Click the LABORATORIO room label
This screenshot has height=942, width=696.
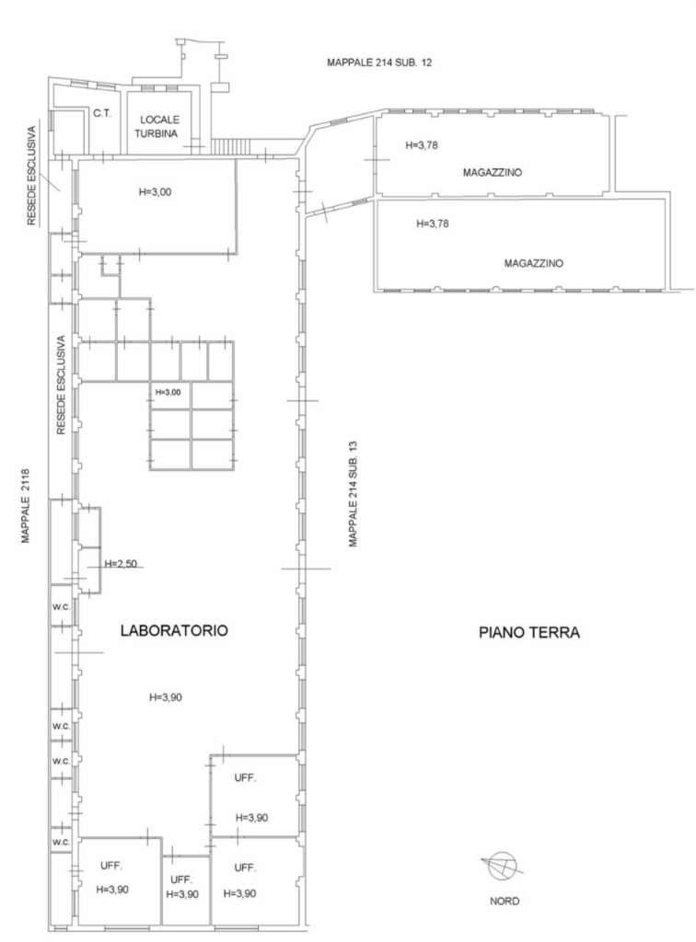click(174, 630)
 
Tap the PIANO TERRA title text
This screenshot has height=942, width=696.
click(529, 632)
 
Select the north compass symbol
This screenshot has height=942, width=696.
click(503, 866)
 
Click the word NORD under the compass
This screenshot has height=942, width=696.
click(505, 902)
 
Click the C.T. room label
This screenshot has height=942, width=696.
click(102, 113)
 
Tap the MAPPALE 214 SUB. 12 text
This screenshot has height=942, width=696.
click(379, 62)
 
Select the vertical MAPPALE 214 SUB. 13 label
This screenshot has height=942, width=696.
click(353, 494)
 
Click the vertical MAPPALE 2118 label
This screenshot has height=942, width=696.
click(25, 506)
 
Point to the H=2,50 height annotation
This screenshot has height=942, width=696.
click(121, 564)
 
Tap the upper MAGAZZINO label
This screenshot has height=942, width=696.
click(493, 172)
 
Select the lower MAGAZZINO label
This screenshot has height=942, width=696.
click(534, 263)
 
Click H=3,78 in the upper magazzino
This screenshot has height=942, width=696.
click(422, 144)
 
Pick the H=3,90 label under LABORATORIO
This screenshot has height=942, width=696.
click(166, 697)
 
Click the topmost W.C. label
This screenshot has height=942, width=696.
click(61, 607)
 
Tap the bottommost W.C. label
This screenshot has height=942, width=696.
click(61, 843)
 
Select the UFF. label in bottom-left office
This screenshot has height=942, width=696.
click(111, 866)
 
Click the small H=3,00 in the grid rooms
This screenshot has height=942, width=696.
click(168, 392)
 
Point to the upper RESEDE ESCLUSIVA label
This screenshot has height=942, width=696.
click(32, 176)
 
